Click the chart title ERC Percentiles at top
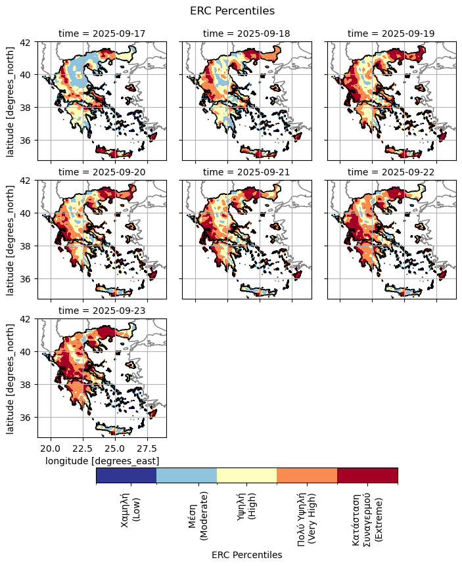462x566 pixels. coord(231,11)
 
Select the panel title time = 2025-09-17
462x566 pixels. coord(102,33)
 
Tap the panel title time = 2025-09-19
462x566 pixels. coord(391,33)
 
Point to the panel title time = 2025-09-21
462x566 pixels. coord(246,171)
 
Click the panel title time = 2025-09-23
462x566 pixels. coord(102,310)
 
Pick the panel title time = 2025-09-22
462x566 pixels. coord(391,171)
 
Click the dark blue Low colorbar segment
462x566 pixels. coord(126,475)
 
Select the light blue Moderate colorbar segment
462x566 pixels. coord(187,475)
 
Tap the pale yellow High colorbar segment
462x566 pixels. coord(246,475)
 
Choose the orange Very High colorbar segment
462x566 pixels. coord(307,475)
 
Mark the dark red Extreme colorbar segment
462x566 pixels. coord(367,475)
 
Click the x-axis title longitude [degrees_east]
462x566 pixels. coord(102,461)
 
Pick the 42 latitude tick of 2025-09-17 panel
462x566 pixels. coord(28,41)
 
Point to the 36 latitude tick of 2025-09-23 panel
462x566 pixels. coord(28,418)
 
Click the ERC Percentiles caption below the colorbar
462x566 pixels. coord(246,555)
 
